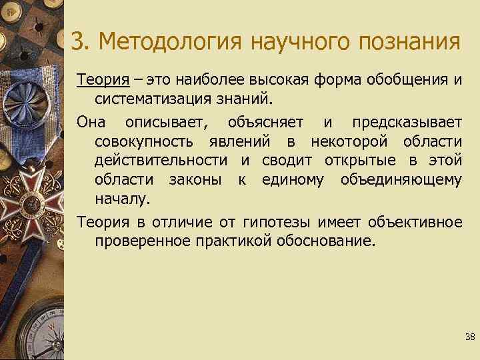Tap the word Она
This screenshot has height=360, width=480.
pos(91,123)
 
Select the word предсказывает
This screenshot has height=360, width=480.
pos(407,123)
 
